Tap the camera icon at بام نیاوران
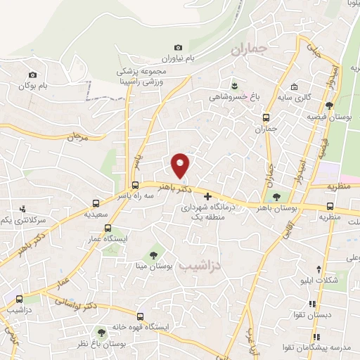pyautogui.click(x=177, y=47)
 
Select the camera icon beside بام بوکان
pyautogui.click(x=32, y=75)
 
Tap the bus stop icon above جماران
pyautogui.click(x=266, y=117)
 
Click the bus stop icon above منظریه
pyautogui.click(x=330, y=206)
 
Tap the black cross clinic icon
pyautogui.click(x=207, y=198)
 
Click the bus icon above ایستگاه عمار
pyautogui.click(x=108, y=228)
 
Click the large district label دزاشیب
pyautogui.click(x=199, y=267)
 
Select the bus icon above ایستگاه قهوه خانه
pyautogui.click(x=140, y=316)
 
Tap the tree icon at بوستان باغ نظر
pyautogui.click(x=103, y=331)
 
